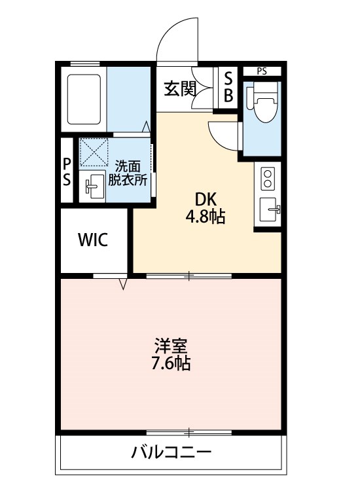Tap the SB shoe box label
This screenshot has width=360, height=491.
pyautogui.click(x=228, y=86)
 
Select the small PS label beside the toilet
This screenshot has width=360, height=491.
pyautogui.click(x=262, y=71)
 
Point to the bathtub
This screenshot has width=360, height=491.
pyautogui.click(x=84, y=100)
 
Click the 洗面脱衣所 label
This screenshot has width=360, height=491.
pyautogui.click(x=128, y=173)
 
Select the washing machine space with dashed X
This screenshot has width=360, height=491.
pyautogui.click(x=94, y=152)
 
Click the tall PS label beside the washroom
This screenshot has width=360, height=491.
pyautogui.click(x=67, y=172)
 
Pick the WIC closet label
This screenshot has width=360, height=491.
pyautogui.click(x=93, y=240)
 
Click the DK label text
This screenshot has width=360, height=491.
pyautogui.click(x=206, y=199)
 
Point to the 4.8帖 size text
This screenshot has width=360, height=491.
pyautogui.click(x=206, y=217)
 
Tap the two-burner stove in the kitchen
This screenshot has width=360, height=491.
pyautogui.click(x=267, y=178)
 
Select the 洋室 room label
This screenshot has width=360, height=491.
pyautogui.click(x=171, y=346)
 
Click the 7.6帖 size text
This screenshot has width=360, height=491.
pyautogui.click(x=171, y=363)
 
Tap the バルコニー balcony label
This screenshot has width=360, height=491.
pyautogui.click(x=171, y=452)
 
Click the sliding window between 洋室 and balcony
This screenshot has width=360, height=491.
pyautogui.click(x=189, y=433)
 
